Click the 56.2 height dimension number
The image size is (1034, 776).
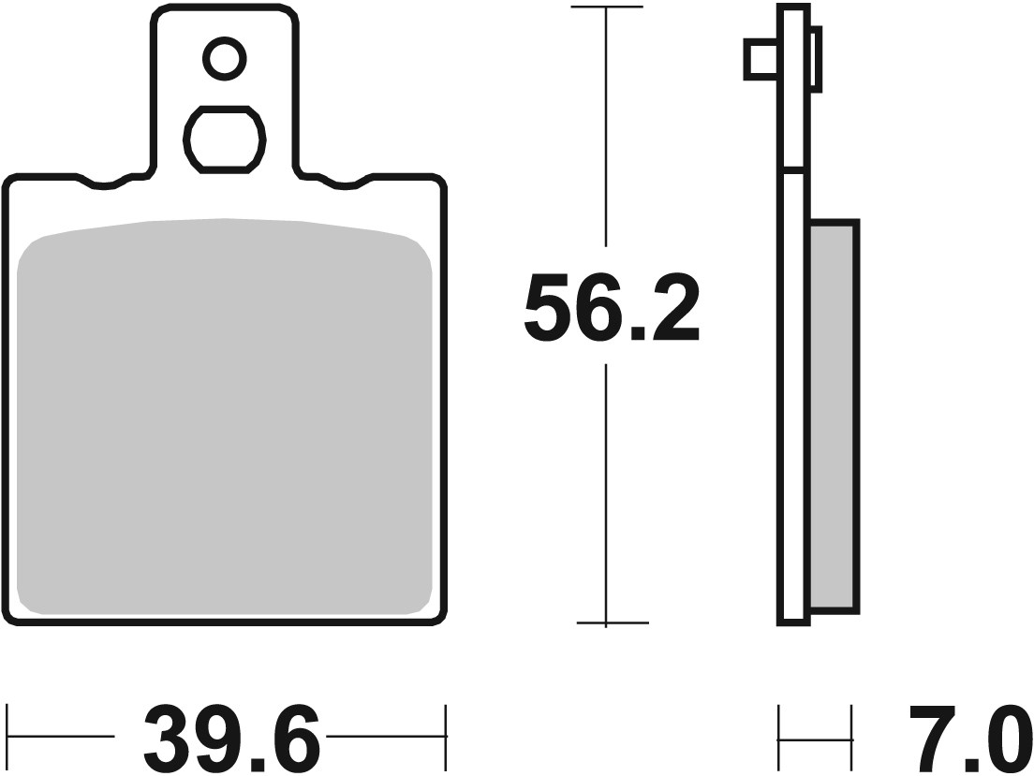(x=612, y=307)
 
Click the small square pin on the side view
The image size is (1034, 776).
(x=760, y=59)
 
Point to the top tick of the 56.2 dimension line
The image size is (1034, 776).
(x=607, y=8)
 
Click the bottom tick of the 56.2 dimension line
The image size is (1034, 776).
(x=607, y=622)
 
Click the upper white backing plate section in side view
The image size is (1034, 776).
(x=793, y=89)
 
